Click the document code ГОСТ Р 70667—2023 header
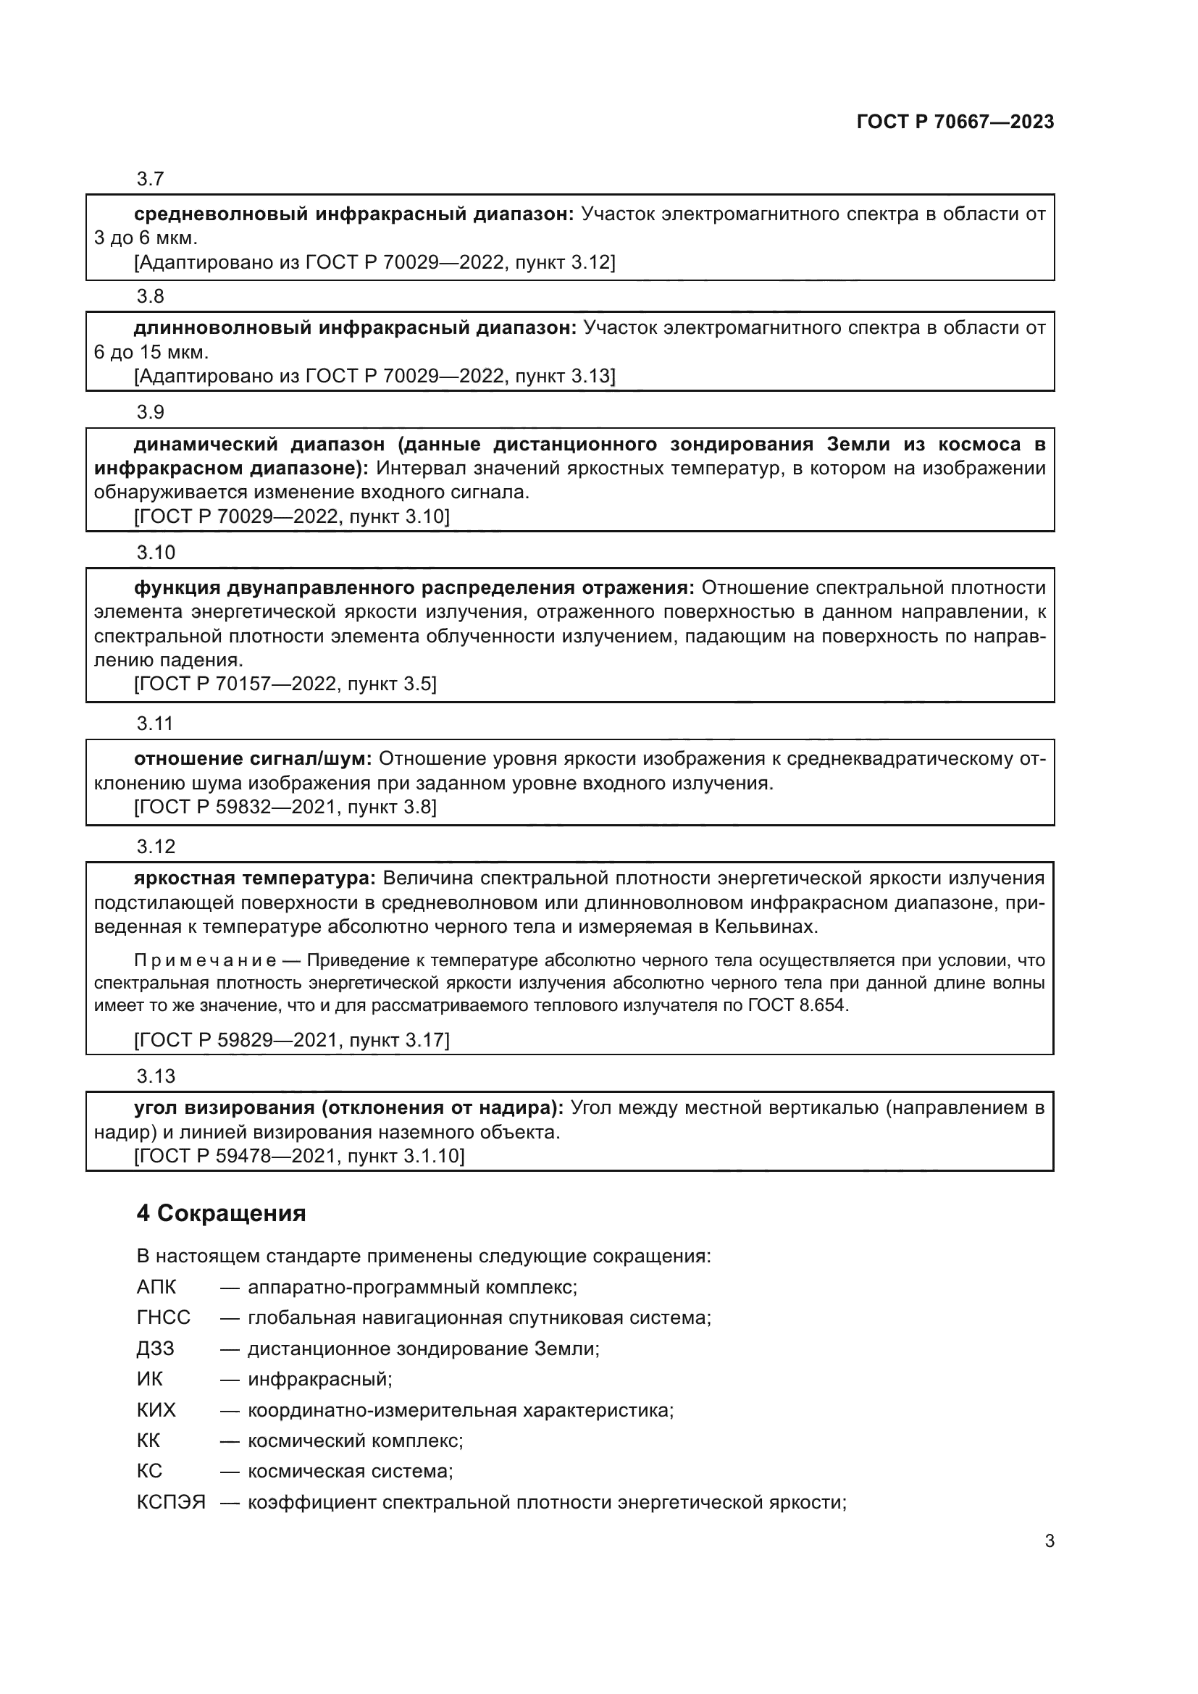point(955,122)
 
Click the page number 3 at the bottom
point(1049,1540)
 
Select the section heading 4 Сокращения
point(221,1213)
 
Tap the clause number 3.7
point(150,179)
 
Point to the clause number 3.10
point(156,553)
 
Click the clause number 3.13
point(156,1075)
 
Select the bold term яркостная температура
point(255,878)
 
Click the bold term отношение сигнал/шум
point(255,758)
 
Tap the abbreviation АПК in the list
point(156,1287)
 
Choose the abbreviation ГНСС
point(163,1317)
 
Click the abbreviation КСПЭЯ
point(170,1502)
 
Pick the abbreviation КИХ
point(156,1410)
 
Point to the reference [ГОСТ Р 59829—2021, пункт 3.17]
point(291,1040)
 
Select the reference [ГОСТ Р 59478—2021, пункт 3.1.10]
point(298,1155)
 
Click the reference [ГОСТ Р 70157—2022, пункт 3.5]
point(285,684)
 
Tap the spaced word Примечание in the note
point(205,960)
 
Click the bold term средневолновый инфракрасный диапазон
point(353,214)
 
